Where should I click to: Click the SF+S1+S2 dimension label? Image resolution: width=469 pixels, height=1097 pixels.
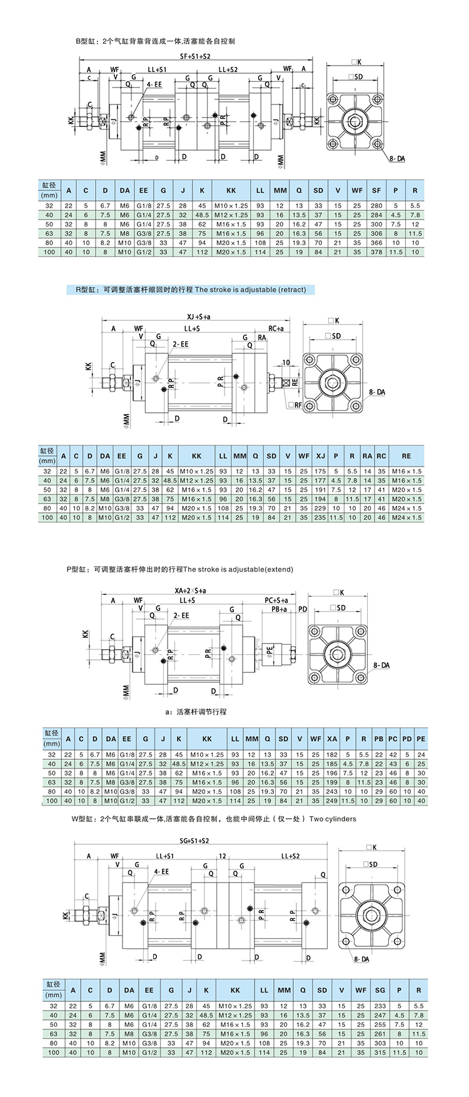coord(195,56)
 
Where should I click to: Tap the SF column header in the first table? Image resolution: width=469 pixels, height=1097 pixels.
coord(376,190)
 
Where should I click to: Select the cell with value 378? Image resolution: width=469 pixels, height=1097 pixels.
coord(376,252)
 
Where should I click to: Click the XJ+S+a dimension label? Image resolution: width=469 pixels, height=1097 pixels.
coord(198,317)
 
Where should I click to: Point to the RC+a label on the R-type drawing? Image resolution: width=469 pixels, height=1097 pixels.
coord(276,328)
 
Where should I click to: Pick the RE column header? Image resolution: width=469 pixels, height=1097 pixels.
coord(406,456)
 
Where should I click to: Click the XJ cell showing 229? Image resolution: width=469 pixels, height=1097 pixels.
coord(320,508)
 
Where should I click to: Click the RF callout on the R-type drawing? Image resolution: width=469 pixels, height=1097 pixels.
coord(295,405)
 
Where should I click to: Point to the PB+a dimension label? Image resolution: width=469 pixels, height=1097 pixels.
coord(279,609)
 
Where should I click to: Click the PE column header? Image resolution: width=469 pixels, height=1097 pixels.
coord(421,739)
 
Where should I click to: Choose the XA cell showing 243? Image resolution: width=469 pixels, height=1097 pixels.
coord(331,791)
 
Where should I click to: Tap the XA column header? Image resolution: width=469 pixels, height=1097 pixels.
coord(331,739)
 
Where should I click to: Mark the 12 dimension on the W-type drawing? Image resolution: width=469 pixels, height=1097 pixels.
coord(223,856)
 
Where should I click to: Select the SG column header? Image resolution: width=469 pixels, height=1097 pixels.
coord(380,990)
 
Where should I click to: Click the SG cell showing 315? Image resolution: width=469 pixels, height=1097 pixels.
coord(380,1053)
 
